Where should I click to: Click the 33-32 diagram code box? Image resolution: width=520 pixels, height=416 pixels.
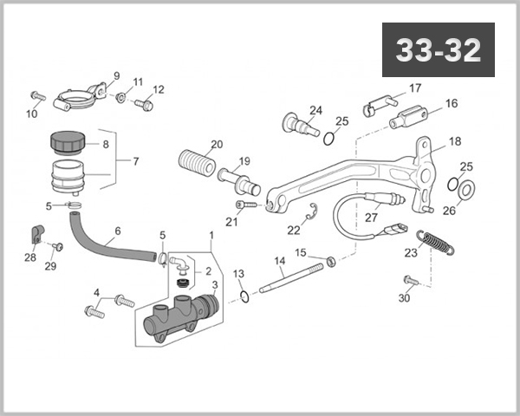(x=438, y=50)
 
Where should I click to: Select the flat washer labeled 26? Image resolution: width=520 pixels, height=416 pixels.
(x=465, y=189)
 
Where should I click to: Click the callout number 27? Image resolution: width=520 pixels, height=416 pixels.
(x=371, y=218)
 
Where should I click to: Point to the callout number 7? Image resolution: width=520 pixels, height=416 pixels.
(x=134, y=160)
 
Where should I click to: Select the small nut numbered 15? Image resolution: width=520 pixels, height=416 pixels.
(x=329, y=260)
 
